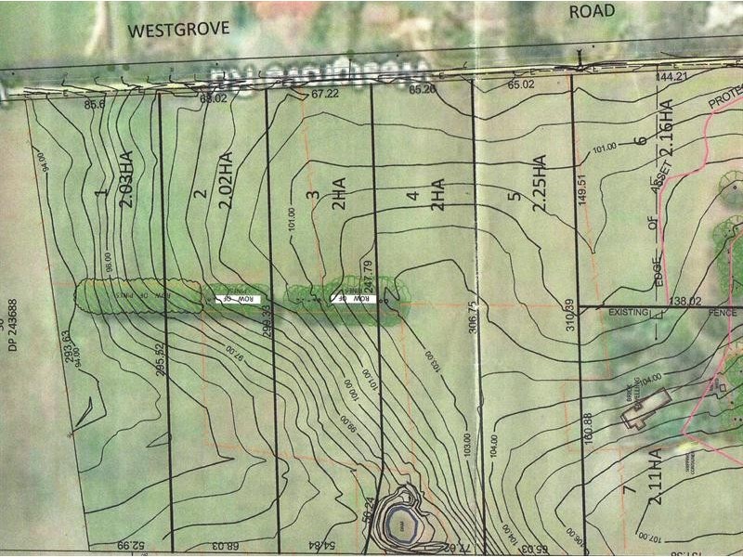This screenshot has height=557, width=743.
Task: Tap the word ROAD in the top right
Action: (x=592, y=10)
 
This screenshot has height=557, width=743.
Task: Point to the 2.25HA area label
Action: (x=539, y=184)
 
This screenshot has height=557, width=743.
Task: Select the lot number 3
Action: (x=314, y=195)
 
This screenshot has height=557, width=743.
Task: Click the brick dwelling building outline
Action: (x=648, y=408)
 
